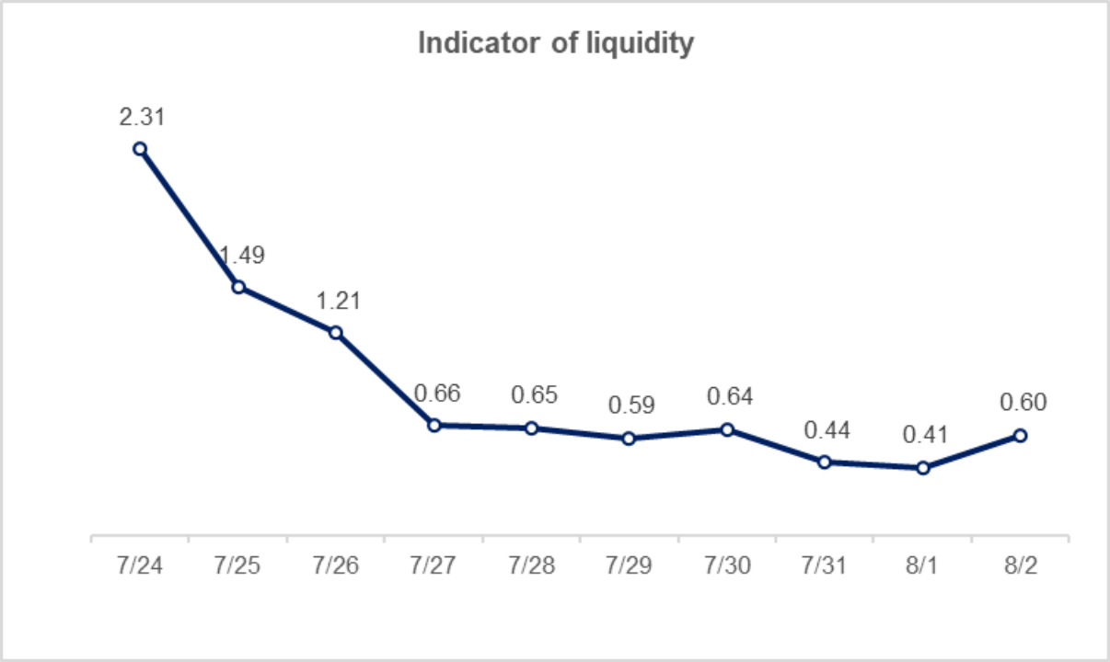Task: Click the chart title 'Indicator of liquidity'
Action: [x=555, y=43]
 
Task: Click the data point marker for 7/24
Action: [x=140, y=148]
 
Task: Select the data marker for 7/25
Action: [x=237, y=287]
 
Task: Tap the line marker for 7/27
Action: [x=434, y=425]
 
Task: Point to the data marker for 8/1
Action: [x=923, y=468]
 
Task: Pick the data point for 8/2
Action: [x=1020, y=435]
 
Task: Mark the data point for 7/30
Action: [x=727, y=428]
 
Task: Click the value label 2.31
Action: [x=141, y=117]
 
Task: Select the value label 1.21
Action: [x=337, y=301]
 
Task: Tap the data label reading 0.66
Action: [x=436, y=394]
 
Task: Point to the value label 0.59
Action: [x=631, y=405]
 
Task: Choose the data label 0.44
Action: [x=827, y=429]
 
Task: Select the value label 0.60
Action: [x=1023, y=403]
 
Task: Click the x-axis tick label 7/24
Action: [x=139, y=565]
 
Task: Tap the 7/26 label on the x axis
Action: [x=335, y=565]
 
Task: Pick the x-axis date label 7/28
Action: [x=531, y=565]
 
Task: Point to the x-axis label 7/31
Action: [x=825, y=565]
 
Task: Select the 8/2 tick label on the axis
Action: [x=1020, y=565]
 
